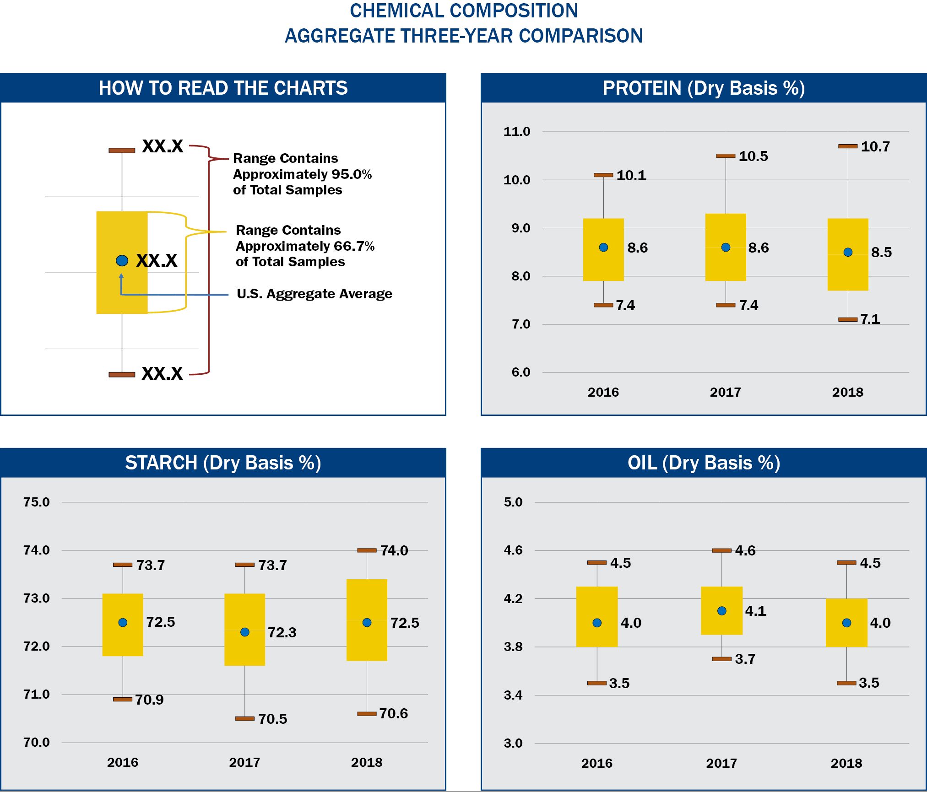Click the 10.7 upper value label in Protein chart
pyautogui.click(x=875, y=147)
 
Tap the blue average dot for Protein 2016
pyautogui.click(x=603, y=248)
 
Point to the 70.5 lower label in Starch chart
pyautogui.click(x=272, y=719)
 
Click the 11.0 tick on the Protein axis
pyautogui.click(x=517, y=132)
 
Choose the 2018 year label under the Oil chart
pyautogui.click(x=846, y=763)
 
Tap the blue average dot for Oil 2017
pyautogui.click(x=721, y=611)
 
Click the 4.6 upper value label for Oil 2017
pyautogui.click(x=745, y=550)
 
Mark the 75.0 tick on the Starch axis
pyautogui.click(x=37, y=502)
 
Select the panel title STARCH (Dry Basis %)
pyautogui.click(x=223, y=463)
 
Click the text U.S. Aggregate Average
pyautogui.click(x=314, y=294)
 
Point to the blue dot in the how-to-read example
pyautogui.click(x=122, y=261)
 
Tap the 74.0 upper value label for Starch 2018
pyautogui.click(x=394, y=550)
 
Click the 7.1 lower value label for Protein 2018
pyautogui.click(x=870, y=319)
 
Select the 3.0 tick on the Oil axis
pyautogui.click(x=513, y=743)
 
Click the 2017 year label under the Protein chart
pyautogui.click(x=725, y=392)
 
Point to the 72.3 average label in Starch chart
pyautogui.click(x=282, y=632)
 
